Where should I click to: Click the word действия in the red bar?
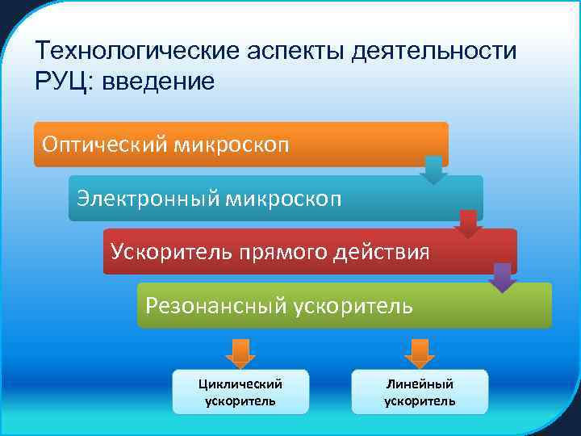pyautogui.click(x=384, y=251)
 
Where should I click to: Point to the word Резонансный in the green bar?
pyautogui.click(x=215, y=305)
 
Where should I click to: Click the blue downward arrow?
pyautogui.click(x=433, y=170)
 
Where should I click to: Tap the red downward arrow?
pyautogui.click(x=468, y=224)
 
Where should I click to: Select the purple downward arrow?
pyautogui.click(x=503, y=277)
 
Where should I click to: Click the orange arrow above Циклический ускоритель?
pyautogui.click(x=240, y=353)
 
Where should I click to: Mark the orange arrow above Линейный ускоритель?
pyautogui.click(x=419, y=353)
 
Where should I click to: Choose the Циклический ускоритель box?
pyautogui.click(x=240, y=392)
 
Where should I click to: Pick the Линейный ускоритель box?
pyautogui.click(x=420, y=392)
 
